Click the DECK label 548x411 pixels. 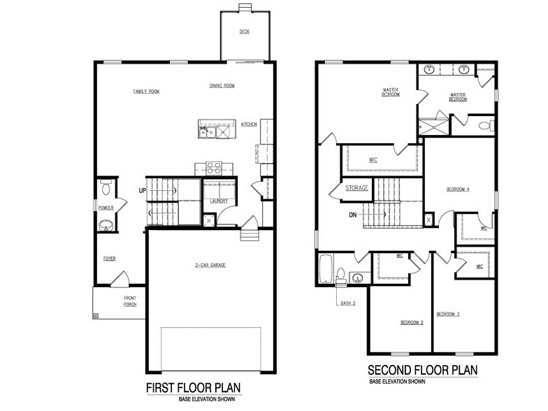[244, 31]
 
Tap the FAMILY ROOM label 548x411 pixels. [147, 92]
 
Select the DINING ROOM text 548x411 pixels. [222, 86]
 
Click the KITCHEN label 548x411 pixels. [249, 124]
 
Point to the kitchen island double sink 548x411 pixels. [214, 130]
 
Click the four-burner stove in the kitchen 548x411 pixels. [213, 168]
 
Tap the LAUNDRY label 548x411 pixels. [219, 201]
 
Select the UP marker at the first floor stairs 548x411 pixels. [142, 189]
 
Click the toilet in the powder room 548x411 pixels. [106, 187]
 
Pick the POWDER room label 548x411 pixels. [106, 208]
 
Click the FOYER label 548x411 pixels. [110, 259]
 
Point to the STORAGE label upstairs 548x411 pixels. [356, 188]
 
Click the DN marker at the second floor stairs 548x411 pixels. [354, 215]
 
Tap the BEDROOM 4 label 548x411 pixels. [458, 189]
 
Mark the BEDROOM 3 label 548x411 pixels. [448, 314]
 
